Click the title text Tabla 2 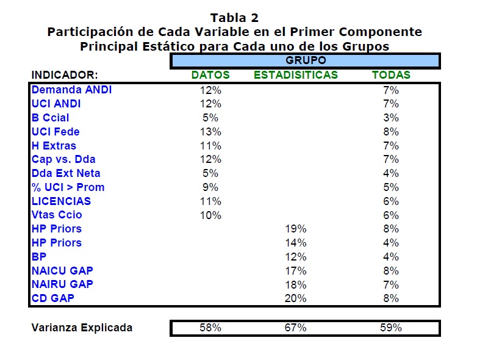[234, 18]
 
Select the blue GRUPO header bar [305, 60]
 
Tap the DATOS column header [210, 75]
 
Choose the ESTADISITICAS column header [296, 75]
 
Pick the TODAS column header [391, 75]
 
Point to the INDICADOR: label [65, 75]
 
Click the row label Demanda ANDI [71, 90]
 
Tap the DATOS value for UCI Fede [210, 132]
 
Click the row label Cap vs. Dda [63, 159]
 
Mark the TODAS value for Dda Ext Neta [391, 173]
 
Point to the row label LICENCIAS [61, 201]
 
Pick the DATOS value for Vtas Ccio [210, 215]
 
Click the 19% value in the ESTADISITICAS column [295, 229]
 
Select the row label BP [38, 257]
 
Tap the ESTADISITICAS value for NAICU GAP [295, 271]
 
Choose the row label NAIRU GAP [62, 284]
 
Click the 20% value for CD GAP [295, 298]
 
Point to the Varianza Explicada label [82, 328]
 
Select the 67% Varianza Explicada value [295, 328]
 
